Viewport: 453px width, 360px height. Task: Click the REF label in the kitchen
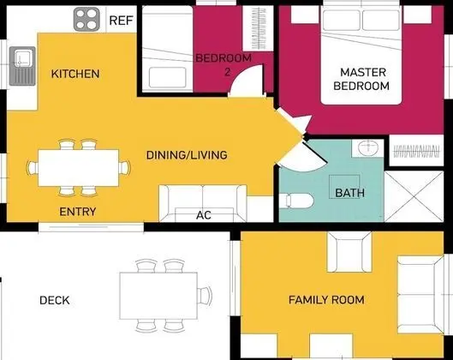point(121,21)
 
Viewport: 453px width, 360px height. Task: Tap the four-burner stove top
point(86,20)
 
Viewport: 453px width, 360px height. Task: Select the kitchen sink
point(22,66)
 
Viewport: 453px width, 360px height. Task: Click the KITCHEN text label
point(75,74)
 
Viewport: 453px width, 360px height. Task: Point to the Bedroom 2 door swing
point(247,81)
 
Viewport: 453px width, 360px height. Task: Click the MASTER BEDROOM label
point(361,79)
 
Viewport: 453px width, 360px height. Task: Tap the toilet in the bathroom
point(296,201)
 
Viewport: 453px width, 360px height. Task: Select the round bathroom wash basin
point(367,147)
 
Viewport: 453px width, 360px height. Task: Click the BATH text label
point(350,193)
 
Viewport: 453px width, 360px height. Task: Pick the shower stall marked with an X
point(414,196)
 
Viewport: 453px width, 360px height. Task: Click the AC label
point(204,215)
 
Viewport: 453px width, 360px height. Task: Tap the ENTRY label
point(77,212)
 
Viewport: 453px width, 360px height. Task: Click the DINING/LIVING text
point(187,155)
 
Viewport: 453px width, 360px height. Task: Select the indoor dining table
point(78,168)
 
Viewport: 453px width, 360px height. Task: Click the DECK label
point(55,301)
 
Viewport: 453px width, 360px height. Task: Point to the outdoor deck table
point(158,296)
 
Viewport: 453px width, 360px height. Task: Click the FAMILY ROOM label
point(326,300)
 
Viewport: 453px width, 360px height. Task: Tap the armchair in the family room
point(349,252)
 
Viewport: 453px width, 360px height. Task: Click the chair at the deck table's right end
point(205,296)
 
